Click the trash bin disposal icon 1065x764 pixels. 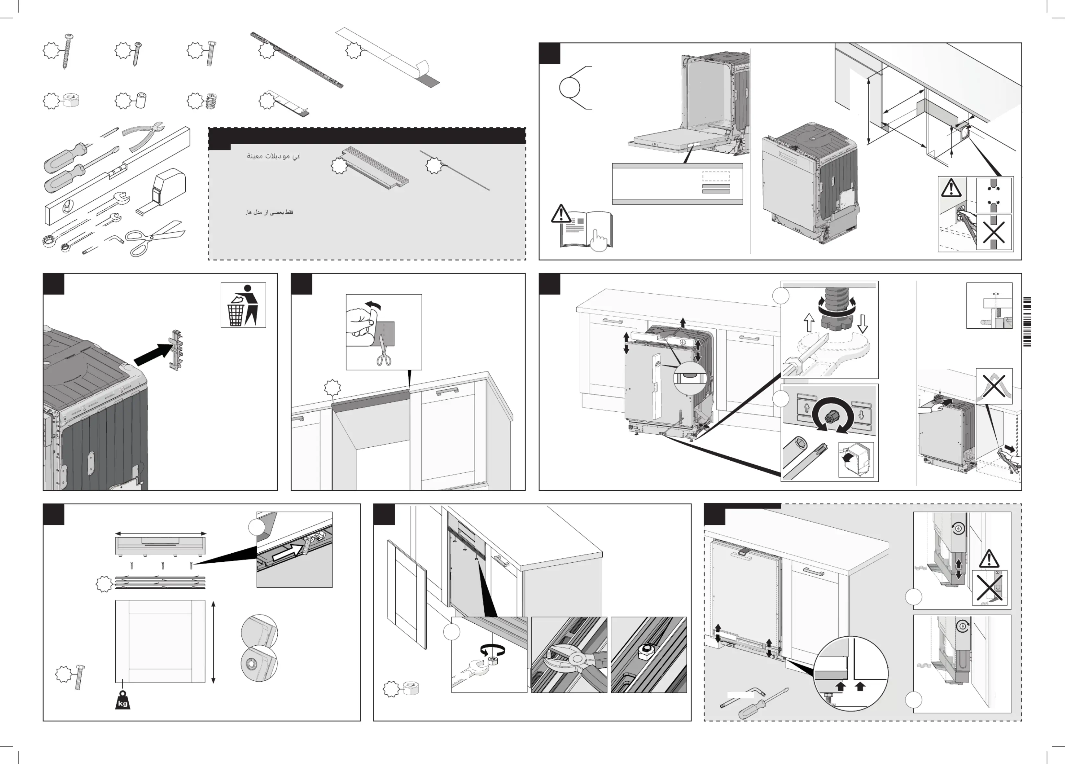click(243, 305)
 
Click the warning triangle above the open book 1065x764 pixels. click(561, 214)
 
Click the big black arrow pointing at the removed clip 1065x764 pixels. click(153, 353)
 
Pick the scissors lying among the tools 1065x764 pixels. click(155, 238)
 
